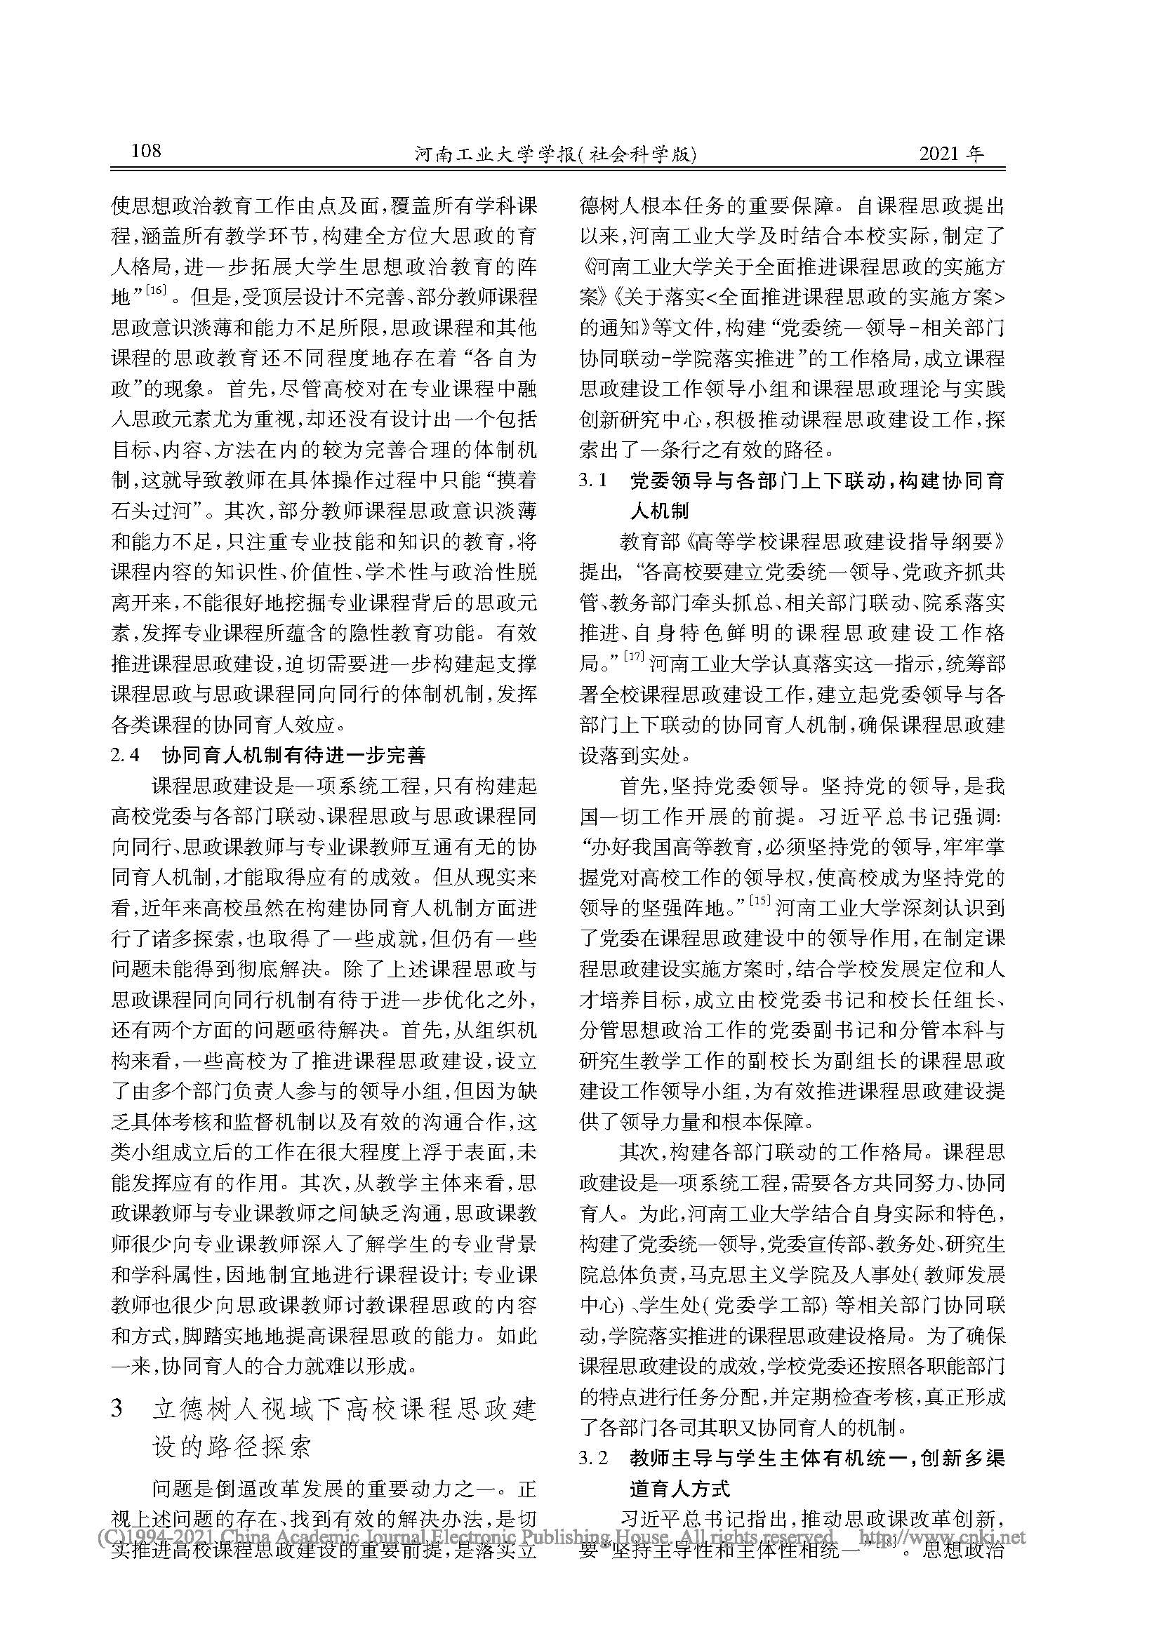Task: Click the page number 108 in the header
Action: (x=147, y=152)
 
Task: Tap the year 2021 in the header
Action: (x=941, y=154)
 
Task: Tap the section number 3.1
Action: (x=592, y=481)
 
